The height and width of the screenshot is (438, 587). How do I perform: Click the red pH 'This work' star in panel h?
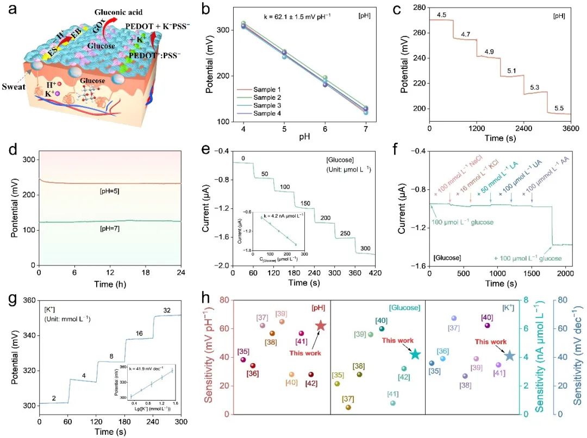point(321,326)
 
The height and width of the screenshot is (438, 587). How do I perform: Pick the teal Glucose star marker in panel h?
point(416,354)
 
